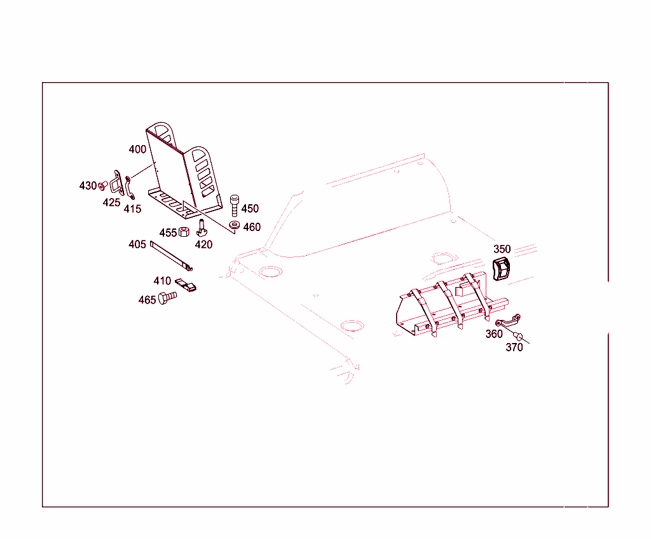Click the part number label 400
point(137,150)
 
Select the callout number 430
point(88,186)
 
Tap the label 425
point(111,203)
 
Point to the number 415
point(132,209)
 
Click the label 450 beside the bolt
point(250,209)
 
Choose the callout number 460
point(252,227)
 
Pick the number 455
point(168,233)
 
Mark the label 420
point(203,244)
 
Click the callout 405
point(137,244)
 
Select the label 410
point(162,281)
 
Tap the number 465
point(147,300)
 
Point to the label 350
point(502,249)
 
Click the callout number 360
point(494,334)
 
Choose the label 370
point(514,347)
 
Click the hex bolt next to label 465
point(168,298)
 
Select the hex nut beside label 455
point(184,232)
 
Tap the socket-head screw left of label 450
point(234,204)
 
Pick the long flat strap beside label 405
point(170,256)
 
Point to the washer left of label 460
point(235,225)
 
